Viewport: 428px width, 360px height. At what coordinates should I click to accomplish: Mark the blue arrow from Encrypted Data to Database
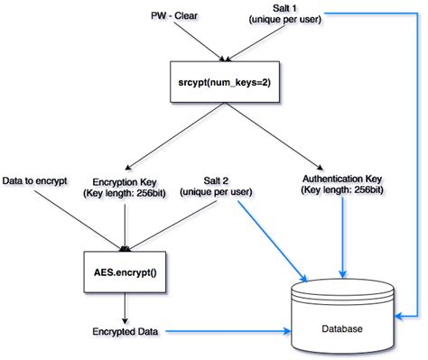click(x=226, y=332)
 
